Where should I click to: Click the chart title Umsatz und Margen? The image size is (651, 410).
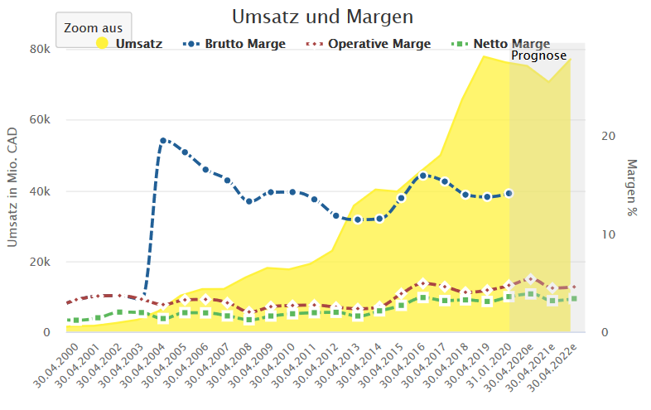pos(322,17)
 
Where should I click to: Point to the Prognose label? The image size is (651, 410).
pos(538,55)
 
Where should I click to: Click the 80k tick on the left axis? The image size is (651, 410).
pos(40,49)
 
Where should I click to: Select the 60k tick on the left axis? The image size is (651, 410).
pos(40,120)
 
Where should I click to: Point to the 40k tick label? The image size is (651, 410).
pos(40,191)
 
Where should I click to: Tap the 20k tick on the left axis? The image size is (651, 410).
pos(40,262)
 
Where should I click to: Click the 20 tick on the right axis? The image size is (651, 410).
pos(606,136)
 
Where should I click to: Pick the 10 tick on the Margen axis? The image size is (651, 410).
pos(606,234)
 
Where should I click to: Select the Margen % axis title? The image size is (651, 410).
pos(633,188)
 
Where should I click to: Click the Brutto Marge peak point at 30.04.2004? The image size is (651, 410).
pos(163,141)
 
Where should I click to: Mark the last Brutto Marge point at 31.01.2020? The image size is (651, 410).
pos(509,193)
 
